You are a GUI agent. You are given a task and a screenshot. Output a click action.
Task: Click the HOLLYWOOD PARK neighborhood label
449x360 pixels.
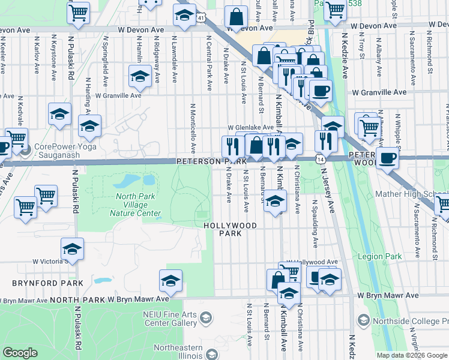[231, 230]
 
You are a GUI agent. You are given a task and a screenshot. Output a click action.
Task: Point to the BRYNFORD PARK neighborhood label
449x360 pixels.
[41, 283]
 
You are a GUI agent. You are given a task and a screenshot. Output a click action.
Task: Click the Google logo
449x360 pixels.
[20, 352]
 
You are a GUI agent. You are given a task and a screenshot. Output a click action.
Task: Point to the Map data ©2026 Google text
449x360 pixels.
[412, 355]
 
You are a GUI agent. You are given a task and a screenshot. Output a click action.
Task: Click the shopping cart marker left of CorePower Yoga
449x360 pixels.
[16, 139]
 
